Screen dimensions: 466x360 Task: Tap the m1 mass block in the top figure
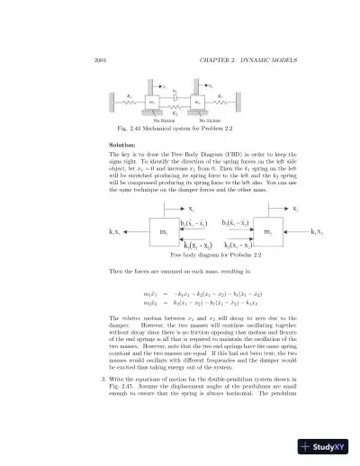(x=151, y=103)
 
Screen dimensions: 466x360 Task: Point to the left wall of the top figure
(x=112, y=102)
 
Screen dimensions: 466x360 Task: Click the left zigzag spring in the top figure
(x=130, y=103)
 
